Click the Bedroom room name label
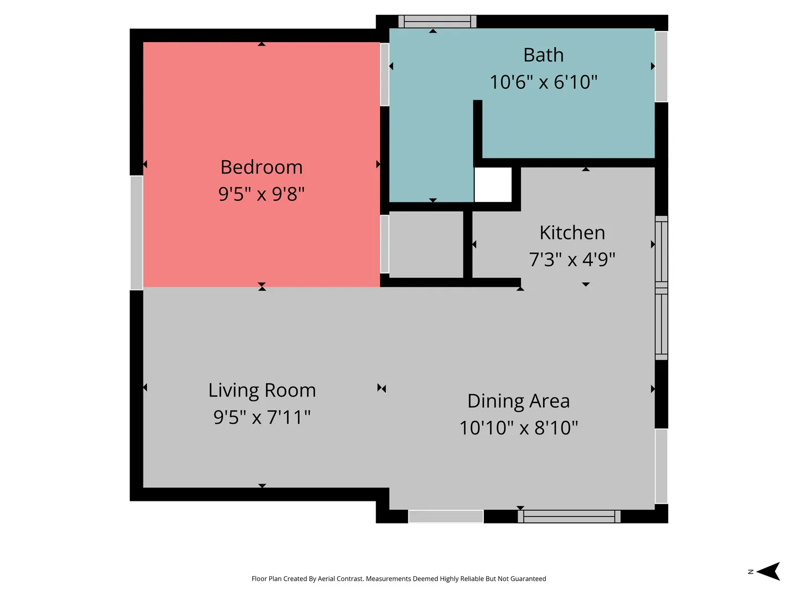click(x=262, y=167)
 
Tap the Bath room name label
click(x=544, y=55)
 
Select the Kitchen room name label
click(x=572, y=232)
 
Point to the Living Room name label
click(x=262, y=390)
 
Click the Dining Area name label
click(x=519, y=401)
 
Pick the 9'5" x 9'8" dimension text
click(x=262, y=194)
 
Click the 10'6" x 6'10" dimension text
click(x=544, y=82)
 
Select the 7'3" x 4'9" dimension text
click(x=572, y=260)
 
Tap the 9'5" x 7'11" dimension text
click(x=262, y=417)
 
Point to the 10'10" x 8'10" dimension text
click(x=519, y=428)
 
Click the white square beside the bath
click(x=493, y=184)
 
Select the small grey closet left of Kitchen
click(x=426, y=245)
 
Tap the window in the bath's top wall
click(x=437, y=22)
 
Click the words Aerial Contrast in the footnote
click(x=341, y=578)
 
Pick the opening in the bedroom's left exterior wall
click(x=137, y=233)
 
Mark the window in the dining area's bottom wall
click(x=569, y=516)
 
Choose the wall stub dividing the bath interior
click(x=478, y=133)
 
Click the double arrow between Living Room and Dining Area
click(x=382, y=388)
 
